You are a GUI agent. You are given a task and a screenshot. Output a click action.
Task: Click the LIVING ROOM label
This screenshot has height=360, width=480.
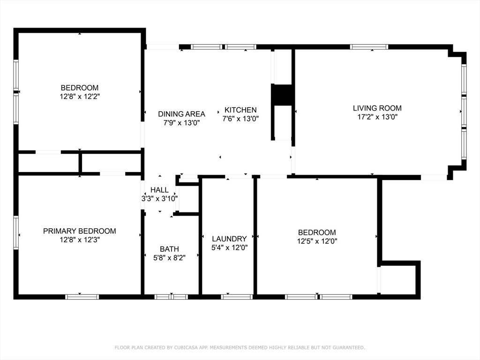point(377,108)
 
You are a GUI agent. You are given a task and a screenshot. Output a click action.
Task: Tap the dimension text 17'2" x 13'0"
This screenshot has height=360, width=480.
point(377,117)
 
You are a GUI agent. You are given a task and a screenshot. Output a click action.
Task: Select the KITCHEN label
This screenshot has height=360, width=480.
point(240,110)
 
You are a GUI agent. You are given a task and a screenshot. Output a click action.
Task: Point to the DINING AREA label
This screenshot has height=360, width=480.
point(181,114)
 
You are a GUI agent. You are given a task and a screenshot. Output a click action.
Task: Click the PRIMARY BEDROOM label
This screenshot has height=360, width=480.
point(79,231)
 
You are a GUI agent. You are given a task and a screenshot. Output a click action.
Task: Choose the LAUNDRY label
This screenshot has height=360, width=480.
point(229,239)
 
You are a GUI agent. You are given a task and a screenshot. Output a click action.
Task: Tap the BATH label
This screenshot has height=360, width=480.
point(169,249)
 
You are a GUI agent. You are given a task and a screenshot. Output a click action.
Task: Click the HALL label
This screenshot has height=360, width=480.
point(159,190)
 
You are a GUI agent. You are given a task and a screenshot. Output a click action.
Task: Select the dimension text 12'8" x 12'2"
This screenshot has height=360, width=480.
point(79,97)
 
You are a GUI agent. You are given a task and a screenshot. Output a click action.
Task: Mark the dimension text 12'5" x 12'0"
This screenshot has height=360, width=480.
point(317,241)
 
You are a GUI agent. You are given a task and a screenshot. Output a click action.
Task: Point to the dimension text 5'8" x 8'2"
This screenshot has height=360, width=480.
point(169,257)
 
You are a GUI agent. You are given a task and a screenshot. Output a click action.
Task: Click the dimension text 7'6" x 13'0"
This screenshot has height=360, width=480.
point(240,119)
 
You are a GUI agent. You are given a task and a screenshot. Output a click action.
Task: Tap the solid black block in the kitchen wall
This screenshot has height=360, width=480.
point(283,95)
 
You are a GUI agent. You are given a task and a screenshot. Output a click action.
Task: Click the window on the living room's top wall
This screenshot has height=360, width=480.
point(369,47)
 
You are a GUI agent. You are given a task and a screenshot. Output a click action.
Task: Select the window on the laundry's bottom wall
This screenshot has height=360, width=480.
point(237,297)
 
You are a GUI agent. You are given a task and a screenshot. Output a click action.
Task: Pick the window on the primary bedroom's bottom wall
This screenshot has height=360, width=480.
point(82,297)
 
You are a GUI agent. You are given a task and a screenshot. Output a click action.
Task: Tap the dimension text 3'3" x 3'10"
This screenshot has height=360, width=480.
point(159,198)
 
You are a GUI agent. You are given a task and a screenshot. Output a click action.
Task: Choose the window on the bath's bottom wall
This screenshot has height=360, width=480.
point(171,297)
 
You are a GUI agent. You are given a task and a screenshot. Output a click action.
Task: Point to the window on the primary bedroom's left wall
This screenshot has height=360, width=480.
point(16,232)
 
